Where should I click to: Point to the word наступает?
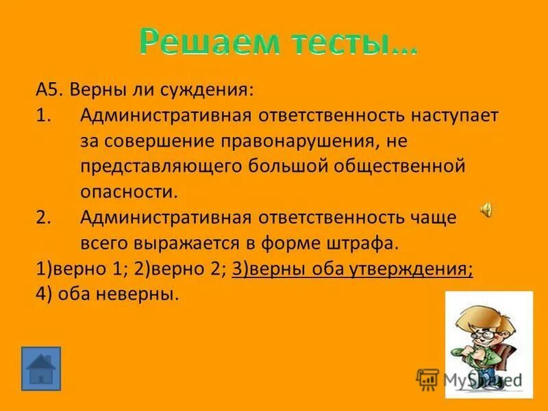pos(456,115)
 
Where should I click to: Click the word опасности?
pos(129,192)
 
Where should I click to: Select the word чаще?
pos(437,217)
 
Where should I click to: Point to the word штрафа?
pos(364,243)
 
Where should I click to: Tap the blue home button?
pos(41,368)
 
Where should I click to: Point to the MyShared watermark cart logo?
pos(428,379)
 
